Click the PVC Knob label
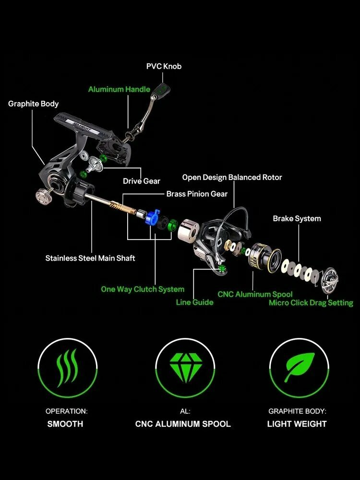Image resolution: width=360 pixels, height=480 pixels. pos(164,66)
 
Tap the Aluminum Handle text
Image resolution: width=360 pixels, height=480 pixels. pos(119,89)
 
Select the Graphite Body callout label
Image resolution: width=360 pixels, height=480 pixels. pos(34,104)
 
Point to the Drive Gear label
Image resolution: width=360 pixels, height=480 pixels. pos(142,181)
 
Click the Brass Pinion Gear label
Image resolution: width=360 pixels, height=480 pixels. pos(197,194)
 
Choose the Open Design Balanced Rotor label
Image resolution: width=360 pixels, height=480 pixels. pos(232,177)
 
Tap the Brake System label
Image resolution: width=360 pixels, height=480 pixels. pos(297,218)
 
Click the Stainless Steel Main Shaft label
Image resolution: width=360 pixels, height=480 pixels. pos(90,258)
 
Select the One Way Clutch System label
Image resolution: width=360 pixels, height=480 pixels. pos(143,289)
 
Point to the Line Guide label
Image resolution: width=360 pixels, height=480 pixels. pos(195,302)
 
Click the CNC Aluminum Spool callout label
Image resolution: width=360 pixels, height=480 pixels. pos(255,295)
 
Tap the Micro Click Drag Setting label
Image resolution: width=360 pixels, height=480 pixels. pos(311,303)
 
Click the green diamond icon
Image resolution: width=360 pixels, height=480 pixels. pos(186,368)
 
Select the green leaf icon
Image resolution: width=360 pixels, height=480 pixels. pos(300,367)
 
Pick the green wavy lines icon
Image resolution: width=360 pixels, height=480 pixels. pos(67,368)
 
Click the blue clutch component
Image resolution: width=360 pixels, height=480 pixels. pos(153,217)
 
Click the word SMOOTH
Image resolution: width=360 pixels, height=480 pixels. pos(65,424)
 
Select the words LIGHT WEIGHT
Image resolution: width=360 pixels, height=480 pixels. pos(297,424)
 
